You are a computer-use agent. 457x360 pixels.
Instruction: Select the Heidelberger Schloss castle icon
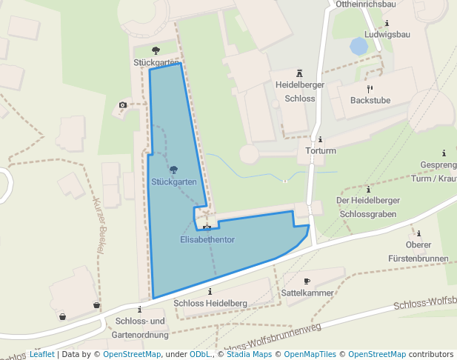(300, 73)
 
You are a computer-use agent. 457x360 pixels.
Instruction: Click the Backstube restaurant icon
(370, 88)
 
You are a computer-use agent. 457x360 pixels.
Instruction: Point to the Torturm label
(321, 151)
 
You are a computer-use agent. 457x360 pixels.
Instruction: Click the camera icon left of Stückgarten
(122, 105)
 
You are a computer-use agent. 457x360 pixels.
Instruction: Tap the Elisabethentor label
(207, 240)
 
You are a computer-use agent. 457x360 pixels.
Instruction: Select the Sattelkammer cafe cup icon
(307, 281)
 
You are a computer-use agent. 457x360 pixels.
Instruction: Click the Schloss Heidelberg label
(210, 304)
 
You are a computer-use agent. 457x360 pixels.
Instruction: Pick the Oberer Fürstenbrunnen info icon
(418, 233)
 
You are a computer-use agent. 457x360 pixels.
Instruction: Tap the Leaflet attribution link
(41, 354)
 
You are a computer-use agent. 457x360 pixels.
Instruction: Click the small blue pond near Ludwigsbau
(358, 47)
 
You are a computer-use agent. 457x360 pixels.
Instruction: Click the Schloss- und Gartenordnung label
(140, 327)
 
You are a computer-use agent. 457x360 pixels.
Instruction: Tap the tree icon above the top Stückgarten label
(156, 50)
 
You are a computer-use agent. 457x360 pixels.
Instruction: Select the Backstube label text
(370, 101)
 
